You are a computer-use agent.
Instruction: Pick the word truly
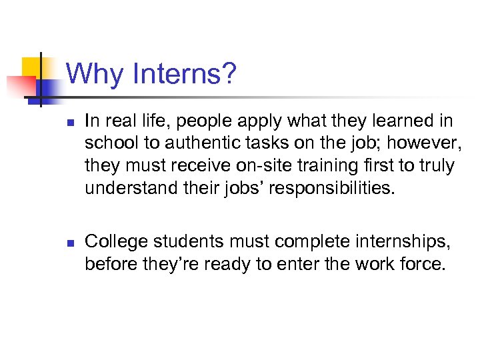point(437,166)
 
